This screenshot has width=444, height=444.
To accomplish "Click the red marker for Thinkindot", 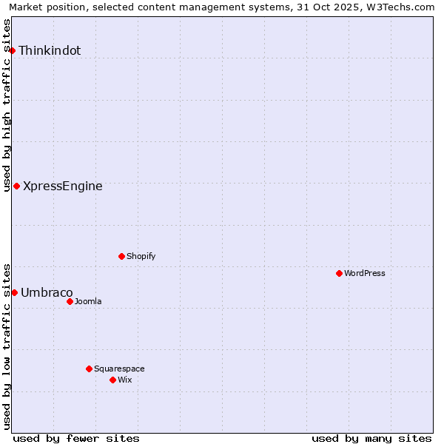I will pyautogui.click(x=13, y=50).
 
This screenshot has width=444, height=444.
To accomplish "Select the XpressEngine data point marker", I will pyautogui.click(x=16, y=186).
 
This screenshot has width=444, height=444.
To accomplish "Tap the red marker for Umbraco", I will pyautogui.click(x=14, y=292).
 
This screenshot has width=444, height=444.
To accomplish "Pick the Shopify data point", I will pyautogui.click(x=121, y=256).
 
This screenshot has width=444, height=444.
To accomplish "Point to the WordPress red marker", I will pyautogui.click(x=339, y=273).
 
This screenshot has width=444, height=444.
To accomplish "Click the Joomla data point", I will pyautogui.click(x=70, y=301).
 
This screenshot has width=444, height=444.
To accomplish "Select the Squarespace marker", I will pyautogui.click(x=89, y=369).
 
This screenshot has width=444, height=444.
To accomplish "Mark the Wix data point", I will pyautogui.click(x=112, y=380).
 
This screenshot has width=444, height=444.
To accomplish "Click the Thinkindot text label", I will pyautogui.click(x=50, y=51).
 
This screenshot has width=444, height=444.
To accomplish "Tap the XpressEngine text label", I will pyautogui.click(x=63, y=186).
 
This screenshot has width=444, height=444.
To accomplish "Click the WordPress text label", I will pyautogui.click(x=365, y=274).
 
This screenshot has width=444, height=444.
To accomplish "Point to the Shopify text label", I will pyautogui.click(x=141, y=257).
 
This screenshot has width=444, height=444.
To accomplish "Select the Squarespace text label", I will pyautogui.click(x=119, y=369).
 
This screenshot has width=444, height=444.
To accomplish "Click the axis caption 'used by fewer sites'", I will pyautogui.click(x=76, y=438).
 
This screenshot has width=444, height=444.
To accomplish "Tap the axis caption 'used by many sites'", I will pyautogui.click(x=371, y=438).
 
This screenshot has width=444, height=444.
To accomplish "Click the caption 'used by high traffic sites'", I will pyautogui.click(x=7, y=105).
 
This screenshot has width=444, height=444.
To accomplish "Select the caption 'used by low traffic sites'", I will pyautogui.click(x=7, y=346).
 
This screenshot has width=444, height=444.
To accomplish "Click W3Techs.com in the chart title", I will pyautogui.click(x=400, y=7).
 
